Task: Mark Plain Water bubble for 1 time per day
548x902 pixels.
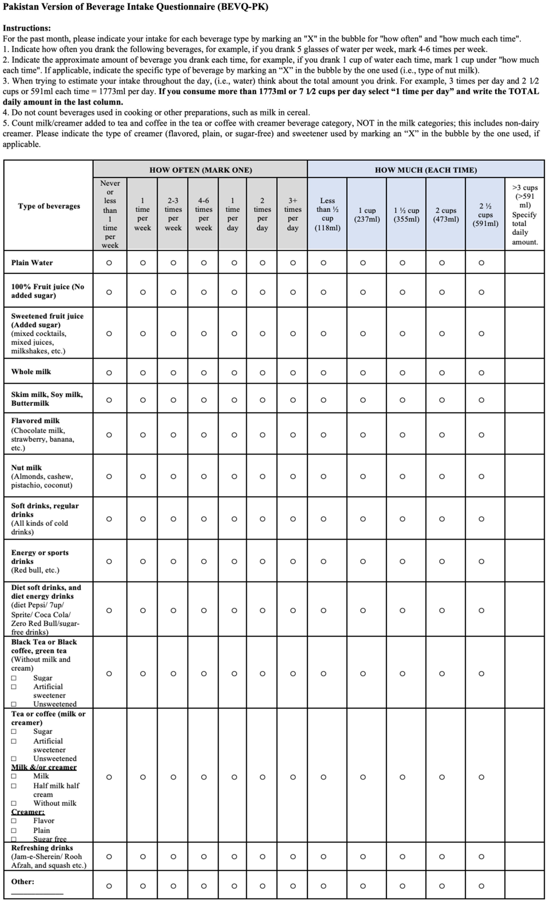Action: coord(234,263)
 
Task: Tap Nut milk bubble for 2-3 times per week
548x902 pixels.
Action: coord(174,477)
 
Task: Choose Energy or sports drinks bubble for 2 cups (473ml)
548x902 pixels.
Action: coord(442,561)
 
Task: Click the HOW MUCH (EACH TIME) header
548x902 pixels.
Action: coord(426,170)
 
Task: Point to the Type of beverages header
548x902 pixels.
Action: coord(49,206)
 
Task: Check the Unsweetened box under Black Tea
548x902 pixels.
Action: coord(14,704)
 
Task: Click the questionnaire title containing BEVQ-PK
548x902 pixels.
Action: coord(135,7)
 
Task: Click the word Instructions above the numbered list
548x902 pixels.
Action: coord(26,28)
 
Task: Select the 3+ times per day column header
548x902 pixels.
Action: coord(293,214)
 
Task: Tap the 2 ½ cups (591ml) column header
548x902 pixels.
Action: coord(485,215)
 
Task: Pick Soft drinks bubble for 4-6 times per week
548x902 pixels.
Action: coord(204,519)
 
